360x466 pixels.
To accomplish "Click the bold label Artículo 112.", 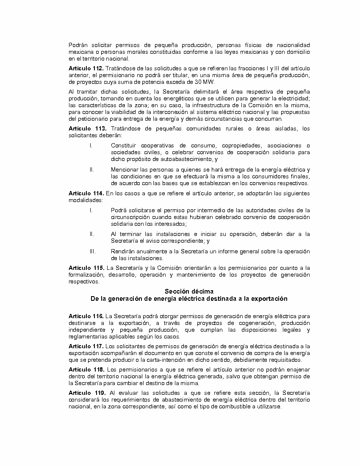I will (x=86, y=68).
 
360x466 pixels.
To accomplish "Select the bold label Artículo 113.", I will (x=86, y=129).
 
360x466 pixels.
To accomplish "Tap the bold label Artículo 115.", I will (x=86, y=268).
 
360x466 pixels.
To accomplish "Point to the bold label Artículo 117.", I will (x=86, y=346).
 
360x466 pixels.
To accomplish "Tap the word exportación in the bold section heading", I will (x=267, y=299).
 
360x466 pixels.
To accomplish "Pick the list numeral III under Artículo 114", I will (x=92, y=251).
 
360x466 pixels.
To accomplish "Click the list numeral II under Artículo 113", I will (x=91, y=169).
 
